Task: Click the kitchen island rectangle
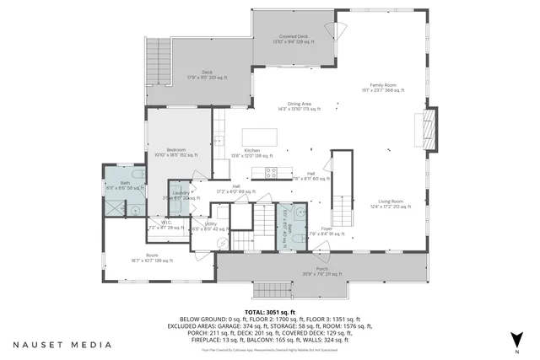[x=262, y=137]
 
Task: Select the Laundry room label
[x=181, y=194]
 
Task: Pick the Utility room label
[x=210, y=225]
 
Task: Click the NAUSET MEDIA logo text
[x=62, y=344]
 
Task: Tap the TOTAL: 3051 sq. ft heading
[x=269, y=311]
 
